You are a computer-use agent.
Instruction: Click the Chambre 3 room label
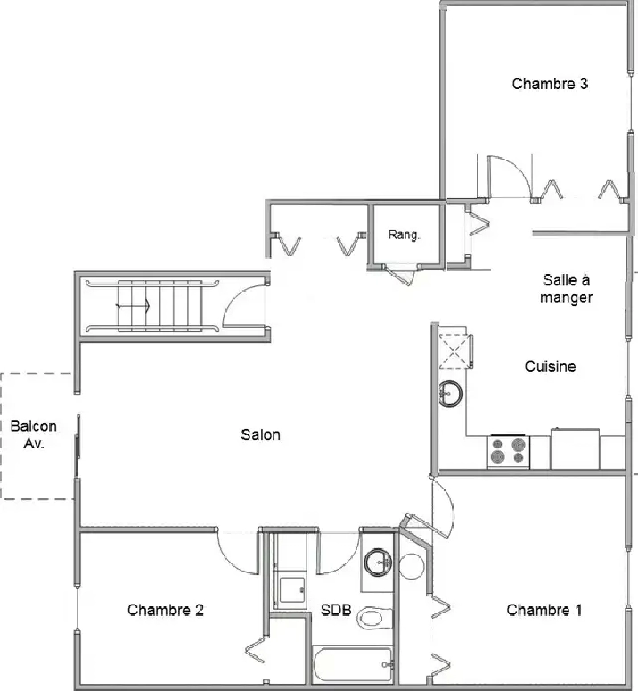[550, 84]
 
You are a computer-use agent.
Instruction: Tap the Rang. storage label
[404, 235]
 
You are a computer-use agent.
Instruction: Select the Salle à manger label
[566, 289]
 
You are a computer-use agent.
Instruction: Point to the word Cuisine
[550, 366]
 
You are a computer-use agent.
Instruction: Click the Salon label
[260, 434]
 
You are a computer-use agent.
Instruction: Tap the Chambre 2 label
[166, 611]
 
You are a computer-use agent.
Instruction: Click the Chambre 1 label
[544, 611]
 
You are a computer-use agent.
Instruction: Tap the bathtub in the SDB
[352, 664]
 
